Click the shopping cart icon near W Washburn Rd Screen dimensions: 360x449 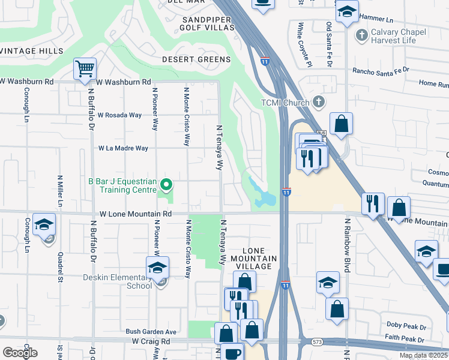tap(85, 68)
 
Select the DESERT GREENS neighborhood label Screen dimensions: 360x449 tap(196, 59)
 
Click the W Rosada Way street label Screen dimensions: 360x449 tap(119, 115)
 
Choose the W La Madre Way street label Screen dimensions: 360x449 tap(123, 148)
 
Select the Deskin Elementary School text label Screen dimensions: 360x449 tap(118, 281)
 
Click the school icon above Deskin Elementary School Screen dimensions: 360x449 tap(157, 267)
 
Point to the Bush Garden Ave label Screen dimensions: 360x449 tap(151, 331)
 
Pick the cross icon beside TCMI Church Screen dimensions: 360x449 tap(318, 102)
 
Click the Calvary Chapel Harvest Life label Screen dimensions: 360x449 tap(398, 36)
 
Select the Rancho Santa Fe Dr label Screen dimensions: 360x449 tap(381, 70)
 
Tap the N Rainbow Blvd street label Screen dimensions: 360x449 tap(347, 240)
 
